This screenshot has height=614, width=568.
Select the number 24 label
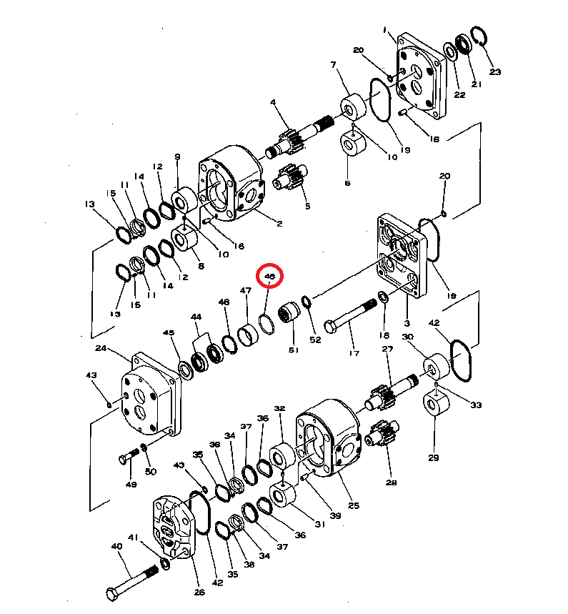coord(100,349)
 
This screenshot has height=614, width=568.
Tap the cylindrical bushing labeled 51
coord(289,314)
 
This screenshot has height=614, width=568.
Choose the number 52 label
coord(315,340)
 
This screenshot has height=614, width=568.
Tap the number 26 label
coord(199,592)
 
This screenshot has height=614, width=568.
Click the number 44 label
coord(196,317)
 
